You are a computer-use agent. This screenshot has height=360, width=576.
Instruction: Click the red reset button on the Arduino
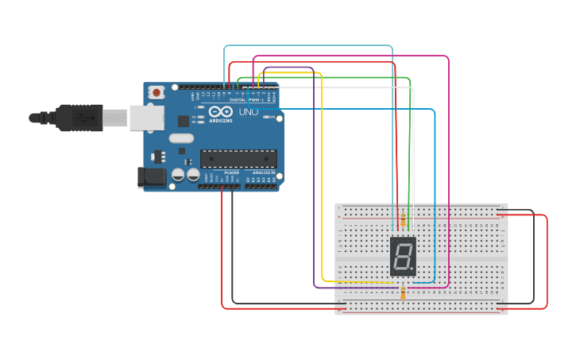pos(157,92)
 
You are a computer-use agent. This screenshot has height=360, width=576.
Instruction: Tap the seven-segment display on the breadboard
pos(403,256)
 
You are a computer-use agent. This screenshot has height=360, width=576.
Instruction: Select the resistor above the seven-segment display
pos(403,219)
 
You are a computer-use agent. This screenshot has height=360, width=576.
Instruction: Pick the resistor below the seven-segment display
pos(403,292)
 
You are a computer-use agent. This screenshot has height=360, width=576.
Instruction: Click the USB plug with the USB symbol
pos(79,118)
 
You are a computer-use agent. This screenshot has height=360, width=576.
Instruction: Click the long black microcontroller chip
pos(238,158)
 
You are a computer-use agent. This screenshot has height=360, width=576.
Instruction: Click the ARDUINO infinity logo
pos(221,112)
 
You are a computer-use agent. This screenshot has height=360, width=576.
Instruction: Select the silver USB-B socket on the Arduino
pos(147,118)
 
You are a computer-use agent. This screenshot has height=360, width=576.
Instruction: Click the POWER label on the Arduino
pos(231,172)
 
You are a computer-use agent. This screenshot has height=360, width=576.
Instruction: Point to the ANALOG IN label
pos(264,172)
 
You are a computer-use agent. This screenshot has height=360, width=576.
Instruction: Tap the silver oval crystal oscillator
pos(181,137)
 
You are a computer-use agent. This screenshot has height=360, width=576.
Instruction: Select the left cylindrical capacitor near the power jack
pos(179,174)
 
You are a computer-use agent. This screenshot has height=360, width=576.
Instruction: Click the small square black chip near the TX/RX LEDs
pos(184,121)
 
